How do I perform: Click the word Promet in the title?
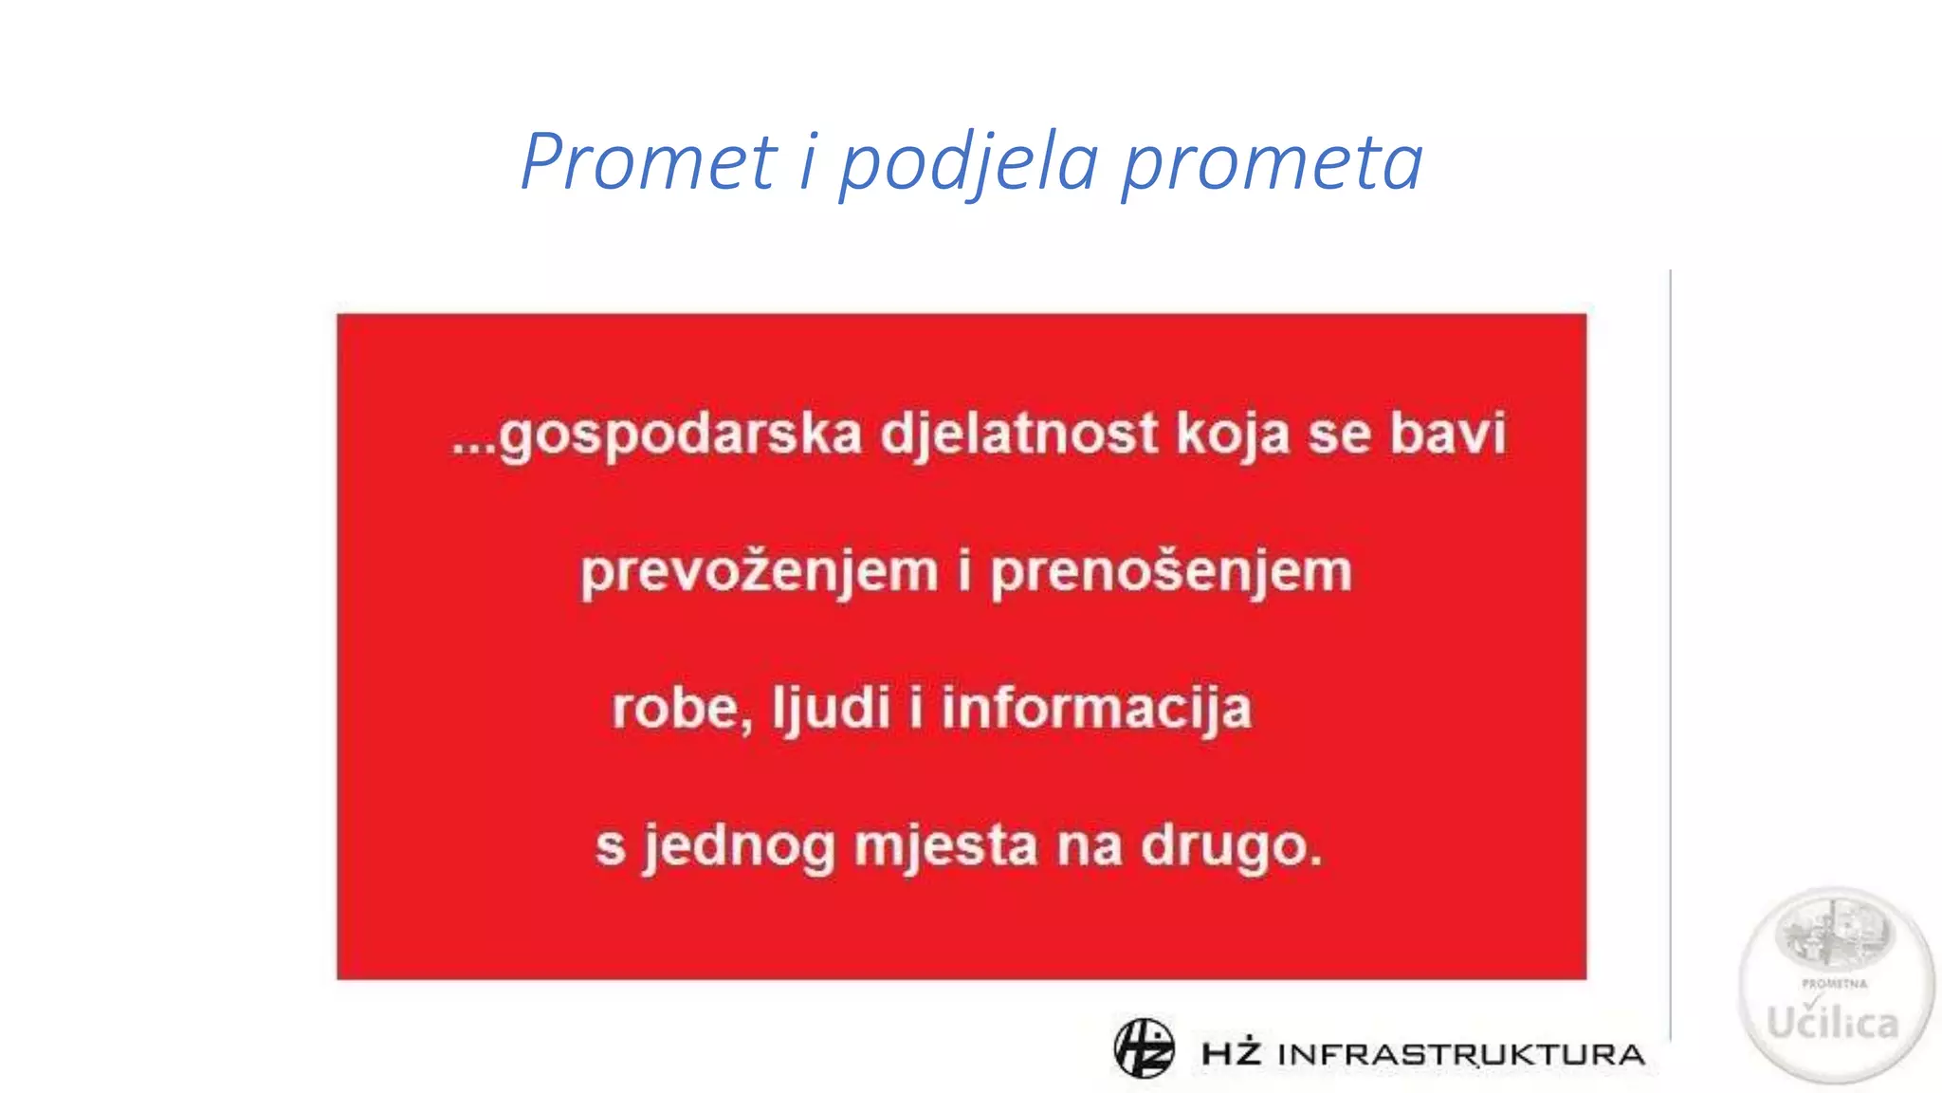pos(649,161)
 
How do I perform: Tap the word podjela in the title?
pos(968,163)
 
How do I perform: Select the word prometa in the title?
pos(1272,163)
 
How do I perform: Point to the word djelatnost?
pos(1019,435)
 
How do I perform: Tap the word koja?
pos(1233,435)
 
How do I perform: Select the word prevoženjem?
pos(759,572)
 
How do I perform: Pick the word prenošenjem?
pos(1171,572)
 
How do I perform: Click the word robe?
pos(674,709)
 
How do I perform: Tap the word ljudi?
pos(831,709)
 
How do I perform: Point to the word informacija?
pos(1096,709)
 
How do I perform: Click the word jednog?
pos(739,846)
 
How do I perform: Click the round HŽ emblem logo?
pos(1144,1048)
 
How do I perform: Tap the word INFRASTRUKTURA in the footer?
pos(1461,1054)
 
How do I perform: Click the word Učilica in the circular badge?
pos(1832,1023)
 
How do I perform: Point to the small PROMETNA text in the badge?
pos(1834,984)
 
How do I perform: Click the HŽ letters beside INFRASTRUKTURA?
pos(1231,1053)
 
